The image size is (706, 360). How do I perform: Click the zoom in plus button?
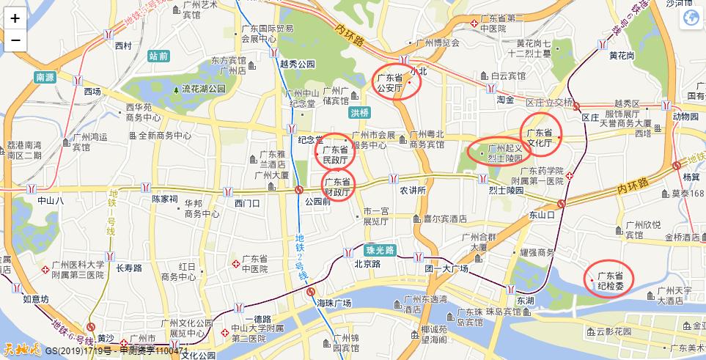15,19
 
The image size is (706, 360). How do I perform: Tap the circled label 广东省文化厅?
540,137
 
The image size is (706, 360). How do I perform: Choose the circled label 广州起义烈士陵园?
502,153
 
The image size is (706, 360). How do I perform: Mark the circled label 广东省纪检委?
609,279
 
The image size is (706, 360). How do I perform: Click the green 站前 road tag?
158,56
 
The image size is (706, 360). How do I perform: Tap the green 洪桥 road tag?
360,113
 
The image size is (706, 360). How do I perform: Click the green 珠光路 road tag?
380,250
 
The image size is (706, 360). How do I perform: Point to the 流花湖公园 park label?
204,89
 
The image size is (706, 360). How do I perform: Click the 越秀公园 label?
297,64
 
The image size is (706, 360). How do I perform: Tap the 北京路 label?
366,264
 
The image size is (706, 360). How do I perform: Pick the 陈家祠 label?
164,199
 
